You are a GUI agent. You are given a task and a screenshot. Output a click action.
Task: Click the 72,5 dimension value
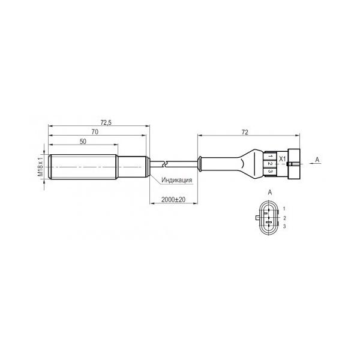pyautogui.click(x=106, y=122)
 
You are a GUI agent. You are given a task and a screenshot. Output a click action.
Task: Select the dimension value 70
pyautogui.click(x=95, y=132)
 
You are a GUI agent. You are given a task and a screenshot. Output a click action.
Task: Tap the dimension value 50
pyautogui.click(x=83, y=142)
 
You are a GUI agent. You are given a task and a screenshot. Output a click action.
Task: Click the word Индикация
pyautogui.click(x=176, y=180)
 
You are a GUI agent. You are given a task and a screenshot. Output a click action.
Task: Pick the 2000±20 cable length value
pyautogui.click(x=173, y=200)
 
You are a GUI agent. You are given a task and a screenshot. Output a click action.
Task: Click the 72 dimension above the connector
pyautogui.click(x=245, y=132)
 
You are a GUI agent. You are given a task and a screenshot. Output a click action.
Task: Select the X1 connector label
pyautogui.click(x=282, y=158)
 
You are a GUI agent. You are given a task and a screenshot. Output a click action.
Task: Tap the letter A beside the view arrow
pyautogui.click(x=317, y=160)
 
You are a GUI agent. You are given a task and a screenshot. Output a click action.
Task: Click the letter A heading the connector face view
pyautogui.click(x=270, y=192)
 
